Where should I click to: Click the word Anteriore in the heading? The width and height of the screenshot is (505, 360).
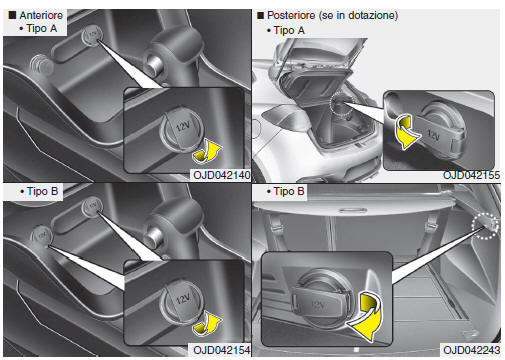click(x=41, y=15)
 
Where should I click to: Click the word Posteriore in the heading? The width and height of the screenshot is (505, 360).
click(x=291, y=15)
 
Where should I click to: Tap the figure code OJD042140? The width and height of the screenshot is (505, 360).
click(x=222, y=175)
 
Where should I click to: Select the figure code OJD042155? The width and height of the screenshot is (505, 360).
click(x=471, y=175)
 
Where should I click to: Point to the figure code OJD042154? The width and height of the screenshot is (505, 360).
click(x=222, y=350)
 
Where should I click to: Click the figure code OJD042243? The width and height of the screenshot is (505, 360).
click(x=472, y=350)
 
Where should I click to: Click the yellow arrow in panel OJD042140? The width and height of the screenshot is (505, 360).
click(x=208, y=152)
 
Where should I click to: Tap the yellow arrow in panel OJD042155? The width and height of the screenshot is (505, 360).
click(x=404, y=132)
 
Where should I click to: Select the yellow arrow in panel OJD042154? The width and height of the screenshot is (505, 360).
click(x=208, y=323)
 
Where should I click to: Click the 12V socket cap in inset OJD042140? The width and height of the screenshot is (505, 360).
click(x=182, y=130)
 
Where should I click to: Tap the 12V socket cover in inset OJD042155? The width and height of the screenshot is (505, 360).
click(x=439, y=134)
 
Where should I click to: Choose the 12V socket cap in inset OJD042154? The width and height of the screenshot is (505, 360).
click(x=182, y=302)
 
